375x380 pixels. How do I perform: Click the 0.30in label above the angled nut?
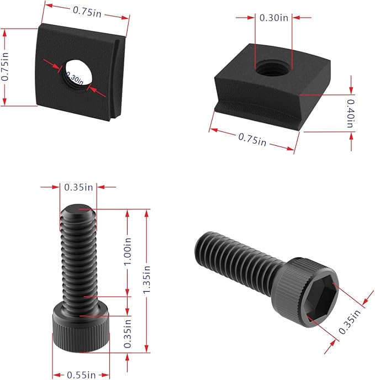tap(274, 18)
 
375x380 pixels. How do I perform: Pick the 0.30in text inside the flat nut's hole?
tap(74, 78)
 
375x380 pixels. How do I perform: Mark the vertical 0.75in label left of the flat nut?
tap(6, 67)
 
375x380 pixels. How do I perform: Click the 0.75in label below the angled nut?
tap(252, 139)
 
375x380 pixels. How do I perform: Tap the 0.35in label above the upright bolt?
tap(78, 187)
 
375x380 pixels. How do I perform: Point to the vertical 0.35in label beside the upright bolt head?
tap(128, 333)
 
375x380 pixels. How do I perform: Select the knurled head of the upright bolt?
tap(80, 328)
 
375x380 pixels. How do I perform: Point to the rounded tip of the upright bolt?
tap(78, 210)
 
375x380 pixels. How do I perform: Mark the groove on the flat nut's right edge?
tap(117, 77)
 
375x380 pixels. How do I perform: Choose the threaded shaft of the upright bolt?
tap(79, 260)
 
